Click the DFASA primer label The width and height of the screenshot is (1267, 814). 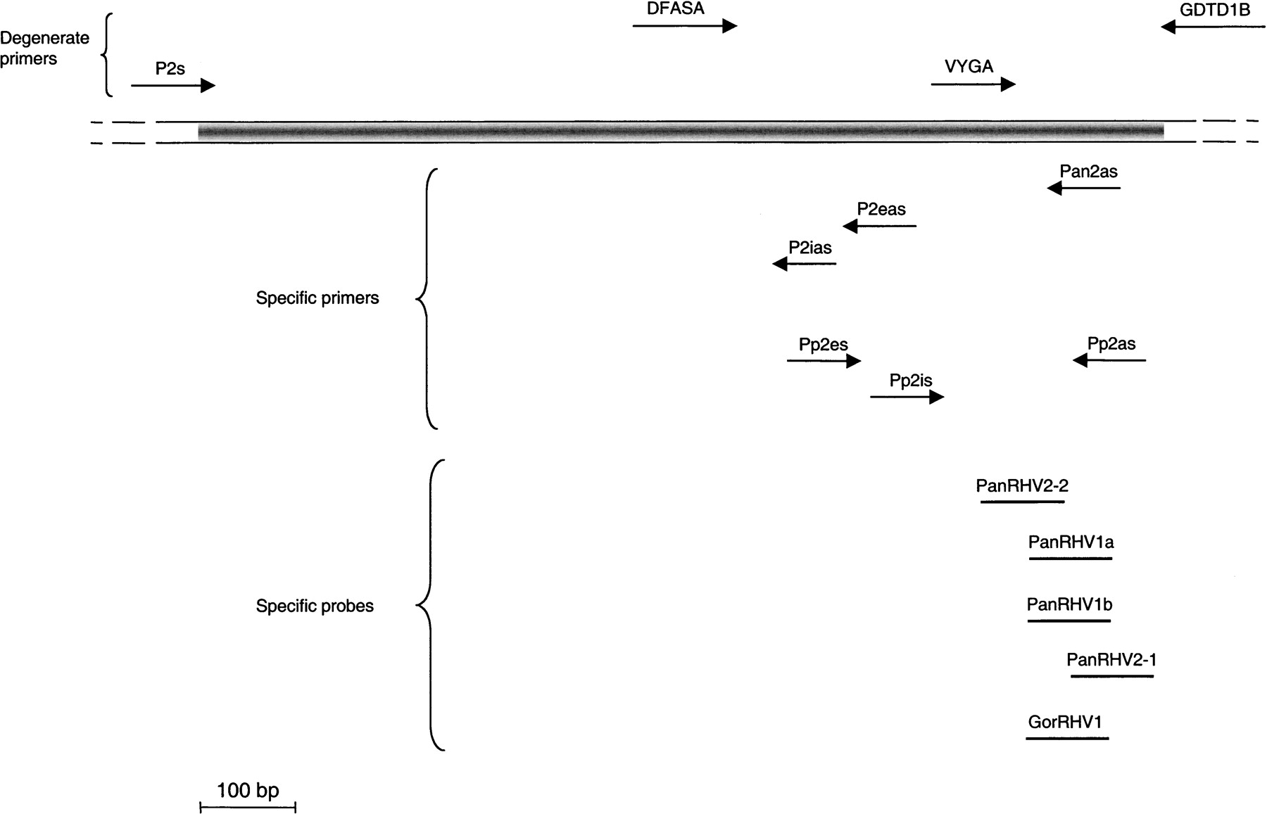[675, 8]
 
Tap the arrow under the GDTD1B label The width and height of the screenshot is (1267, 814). [1212, 27]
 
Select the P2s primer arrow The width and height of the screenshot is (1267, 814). [172, 86]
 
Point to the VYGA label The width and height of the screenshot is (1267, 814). [969, 66]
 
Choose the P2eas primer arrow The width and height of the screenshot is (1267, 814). [879, 226]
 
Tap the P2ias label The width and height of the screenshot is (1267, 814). [810, 248]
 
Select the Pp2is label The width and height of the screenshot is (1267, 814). [911, 381]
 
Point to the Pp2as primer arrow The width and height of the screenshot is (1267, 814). [1109, 360]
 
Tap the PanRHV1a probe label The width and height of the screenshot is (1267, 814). [1071, 542]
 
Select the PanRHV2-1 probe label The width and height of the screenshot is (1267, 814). [1111, 660]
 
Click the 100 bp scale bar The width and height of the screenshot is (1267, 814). [248, 806]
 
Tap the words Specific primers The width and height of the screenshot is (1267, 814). [317, 298]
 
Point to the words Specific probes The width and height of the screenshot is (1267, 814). [315, 606]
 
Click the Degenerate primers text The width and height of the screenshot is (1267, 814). [44, 49]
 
